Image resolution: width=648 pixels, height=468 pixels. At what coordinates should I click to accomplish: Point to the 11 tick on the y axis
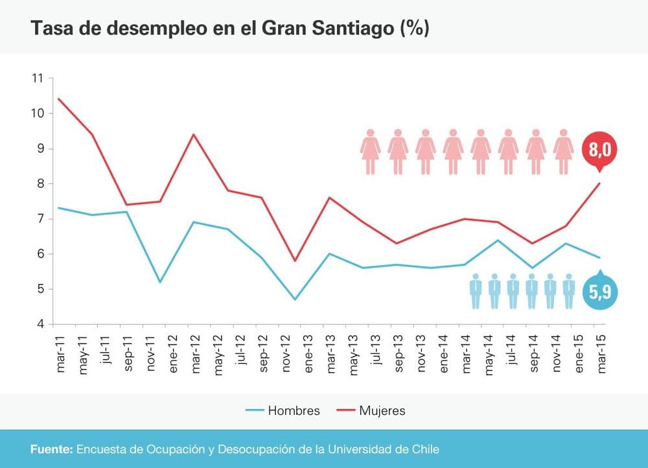(x=36, y=78)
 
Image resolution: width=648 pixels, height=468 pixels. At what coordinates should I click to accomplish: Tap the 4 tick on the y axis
(x=39, y=324)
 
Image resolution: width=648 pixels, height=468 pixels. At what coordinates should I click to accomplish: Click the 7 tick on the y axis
(x=39, y=219)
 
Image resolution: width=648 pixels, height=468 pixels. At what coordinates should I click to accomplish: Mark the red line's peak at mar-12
(x=193, y=135)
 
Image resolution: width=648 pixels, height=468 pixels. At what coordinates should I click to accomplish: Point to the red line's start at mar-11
(x=59, y=99)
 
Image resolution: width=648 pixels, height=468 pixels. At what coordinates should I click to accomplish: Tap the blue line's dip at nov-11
(x=159, y=282)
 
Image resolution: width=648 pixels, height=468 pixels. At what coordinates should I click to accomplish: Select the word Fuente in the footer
(x=51, y=449)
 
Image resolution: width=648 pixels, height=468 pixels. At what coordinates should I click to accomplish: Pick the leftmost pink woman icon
(x=371, y=152)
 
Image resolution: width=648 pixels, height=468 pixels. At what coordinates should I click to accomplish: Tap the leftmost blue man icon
(x=476, y=291)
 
